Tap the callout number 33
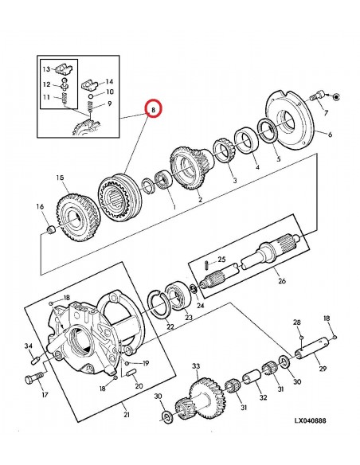(195, 366)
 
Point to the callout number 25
(222, 260)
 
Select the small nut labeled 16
(51, 230)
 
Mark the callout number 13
(47, 69)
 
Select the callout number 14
(109, 82)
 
